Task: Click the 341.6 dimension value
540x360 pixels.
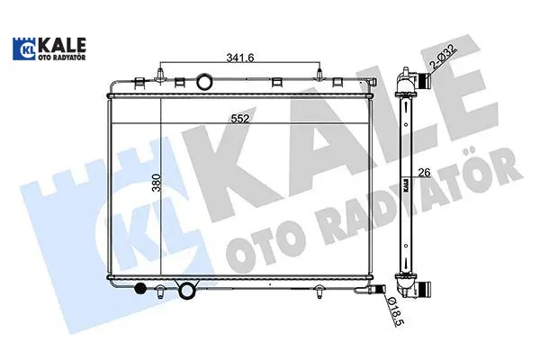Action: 239,58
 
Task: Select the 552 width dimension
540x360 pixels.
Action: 239,119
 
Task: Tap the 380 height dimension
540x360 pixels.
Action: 157,183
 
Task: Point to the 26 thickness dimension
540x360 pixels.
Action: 425,173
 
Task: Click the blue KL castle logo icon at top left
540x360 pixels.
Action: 23,49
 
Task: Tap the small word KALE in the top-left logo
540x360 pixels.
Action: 62,45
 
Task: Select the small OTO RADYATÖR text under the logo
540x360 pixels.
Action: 62,58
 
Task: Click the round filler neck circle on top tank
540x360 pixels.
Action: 204,82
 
